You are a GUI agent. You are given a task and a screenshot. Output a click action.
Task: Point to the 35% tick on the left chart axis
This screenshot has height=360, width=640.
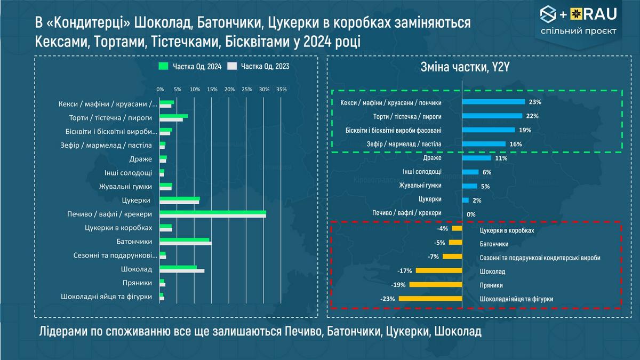click(282, 89)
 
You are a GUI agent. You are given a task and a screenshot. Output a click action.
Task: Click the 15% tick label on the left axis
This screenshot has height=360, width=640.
click(212, 89)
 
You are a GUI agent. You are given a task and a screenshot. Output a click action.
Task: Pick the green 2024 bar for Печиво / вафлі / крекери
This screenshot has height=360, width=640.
click(213, 212)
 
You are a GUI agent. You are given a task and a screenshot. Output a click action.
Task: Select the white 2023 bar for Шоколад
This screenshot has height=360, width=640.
click(182, 271)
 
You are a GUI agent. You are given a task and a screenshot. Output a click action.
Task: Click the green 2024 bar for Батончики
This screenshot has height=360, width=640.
click(185, 240)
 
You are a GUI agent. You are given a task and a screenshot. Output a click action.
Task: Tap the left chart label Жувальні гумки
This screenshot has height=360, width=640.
click(125, 187)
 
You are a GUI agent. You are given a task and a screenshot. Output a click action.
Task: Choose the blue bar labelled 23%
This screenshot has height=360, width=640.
click(494, 102)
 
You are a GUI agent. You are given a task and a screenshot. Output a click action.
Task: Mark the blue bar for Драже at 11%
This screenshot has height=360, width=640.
click(476, 158)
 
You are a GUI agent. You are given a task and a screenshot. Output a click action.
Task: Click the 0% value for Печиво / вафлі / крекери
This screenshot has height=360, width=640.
click(471, 214)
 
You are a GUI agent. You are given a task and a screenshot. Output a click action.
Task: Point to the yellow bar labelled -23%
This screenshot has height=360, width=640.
click(430, 299)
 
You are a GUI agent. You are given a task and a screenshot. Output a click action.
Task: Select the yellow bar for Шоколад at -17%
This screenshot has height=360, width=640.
click(438, 270)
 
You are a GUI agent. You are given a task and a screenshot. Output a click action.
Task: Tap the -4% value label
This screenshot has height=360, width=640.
click(442, 229)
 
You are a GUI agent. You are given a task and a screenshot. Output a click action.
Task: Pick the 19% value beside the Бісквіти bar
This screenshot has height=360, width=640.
click(525, 130)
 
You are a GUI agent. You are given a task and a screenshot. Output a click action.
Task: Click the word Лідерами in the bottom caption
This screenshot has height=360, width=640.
click(63, 332)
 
